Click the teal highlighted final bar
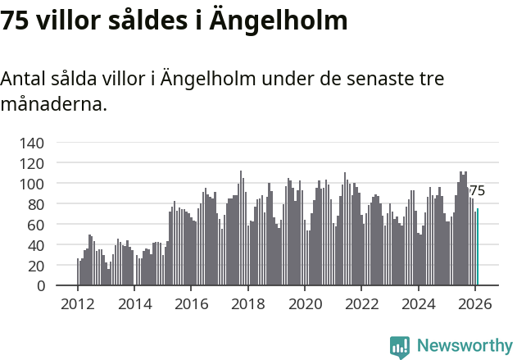(478, 248)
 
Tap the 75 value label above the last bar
(477, 191)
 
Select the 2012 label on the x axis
(78, 304)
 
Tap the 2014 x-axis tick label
(134, 304)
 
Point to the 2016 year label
(191, 304)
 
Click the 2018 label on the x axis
(247, 304)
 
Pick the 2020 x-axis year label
(305, 304)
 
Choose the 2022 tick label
(361, 304)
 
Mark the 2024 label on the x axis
(418, 304)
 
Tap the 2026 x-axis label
(474, 304)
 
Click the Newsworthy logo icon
(400, 347)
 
